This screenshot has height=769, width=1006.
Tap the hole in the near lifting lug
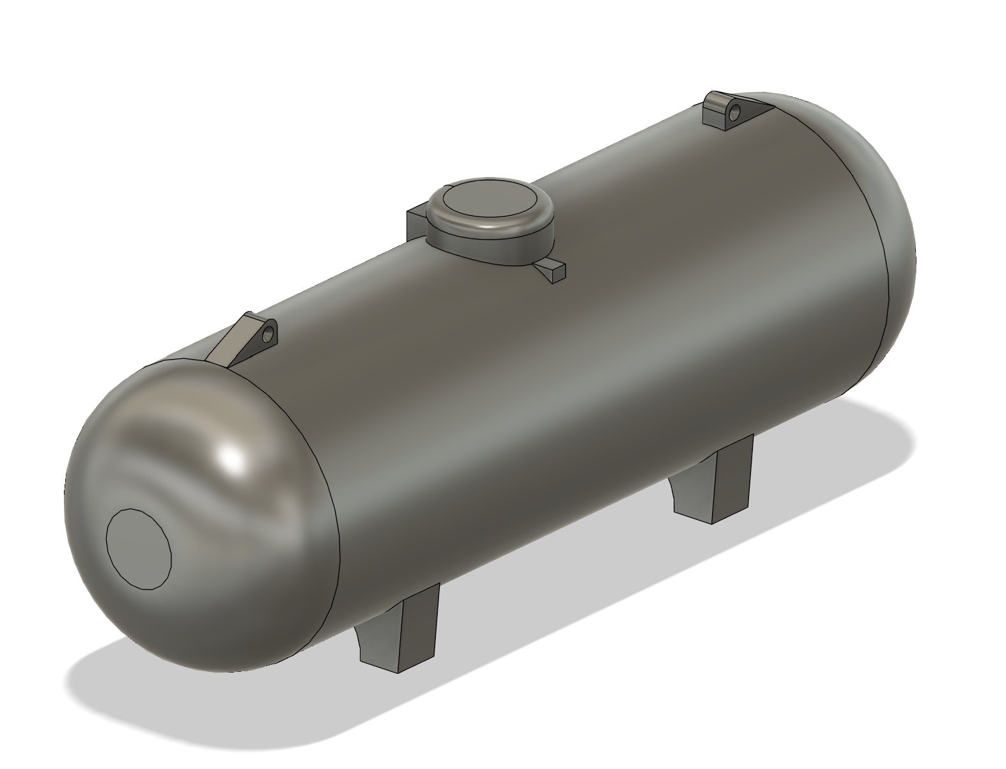pos(270,333)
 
